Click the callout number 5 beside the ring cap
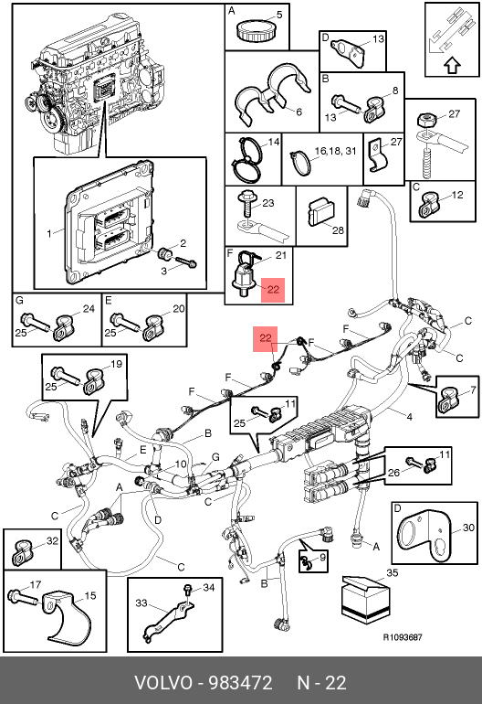(x=279, y=15)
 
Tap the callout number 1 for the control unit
(x=49, y=233)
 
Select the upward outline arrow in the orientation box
(x=453, y=66)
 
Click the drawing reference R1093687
(x=403, y=637)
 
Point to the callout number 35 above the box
(x=392, y=572)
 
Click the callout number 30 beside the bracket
(x=468, y=528)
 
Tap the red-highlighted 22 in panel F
(x=273, y=290)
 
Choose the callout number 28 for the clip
(x=338, y=229)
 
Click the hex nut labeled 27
(x=424, y=121)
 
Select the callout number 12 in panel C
(x=456, y=196)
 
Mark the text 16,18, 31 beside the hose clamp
(x=335, y=151)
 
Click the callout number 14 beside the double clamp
(x=274, y=142)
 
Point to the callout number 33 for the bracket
(x=141, y=603)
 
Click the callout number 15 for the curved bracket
(x=90, y=595)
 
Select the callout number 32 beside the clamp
(x=52, y=540)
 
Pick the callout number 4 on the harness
(x=409, y=417)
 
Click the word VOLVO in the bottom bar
(x=163, y=683)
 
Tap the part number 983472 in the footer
(x=241, y=683)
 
